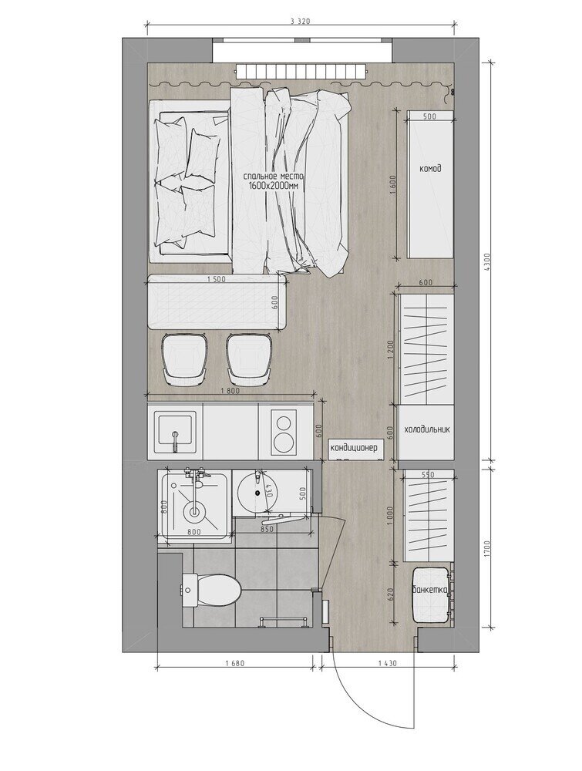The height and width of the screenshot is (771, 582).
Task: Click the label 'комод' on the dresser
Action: click(x=430, y=169)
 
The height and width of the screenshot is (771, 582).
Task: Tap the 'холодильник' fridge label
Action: click(x=426, y=429)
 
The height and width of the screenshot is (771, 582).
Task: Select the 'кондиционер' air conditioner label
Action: click(x=354, y=447)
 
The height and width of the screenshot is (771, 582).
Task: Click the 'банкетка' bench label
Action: click(x=429, y=589)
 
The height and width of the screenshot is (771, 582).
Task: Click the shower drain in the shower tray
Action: click(x=194, y=512)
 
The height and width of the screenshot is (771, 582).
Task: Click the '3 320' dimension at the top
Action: click(x=301, y=21)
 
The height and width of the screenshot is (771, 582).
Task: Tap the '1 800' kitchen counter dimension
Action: click(x=230, y=392)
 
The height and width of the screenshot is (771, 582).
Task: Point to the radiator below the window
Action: click(x=301, y=71)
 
